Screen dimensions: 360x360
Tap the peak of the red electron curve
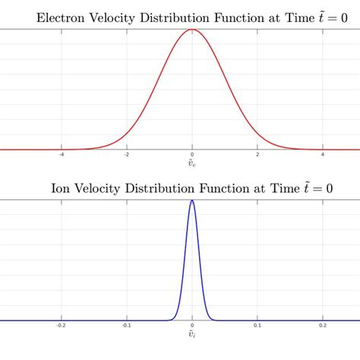pyautogui.click(x=192, y=30)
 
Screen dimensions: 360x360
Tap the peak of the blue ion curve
pyautogui.click(x=192, y=201)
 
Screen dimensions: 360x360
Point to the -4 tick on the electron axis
pyautogui.click(x=61, y=155)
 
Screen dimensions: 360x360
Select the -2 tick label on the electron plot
pyautogui.click(x=126, y=155)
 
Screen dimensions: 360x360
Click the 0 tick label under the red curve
pyautogui.click(x=192, y=155)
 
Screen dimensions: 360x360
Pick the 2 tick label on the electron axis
pyautogui.click(x=258, y=155)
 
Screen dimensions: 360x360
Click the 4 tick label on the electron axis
pyautogui.click(x=324, y=155)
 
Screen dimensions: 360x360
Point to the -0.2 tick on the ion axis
pyautogui.click(x=61, y=326)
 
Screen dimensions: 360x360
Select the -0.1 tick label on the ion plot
pyautogui.click(x=126, y=326)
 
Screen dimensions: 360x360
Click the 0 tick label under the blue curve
pyautogui.click(x=192, y=326)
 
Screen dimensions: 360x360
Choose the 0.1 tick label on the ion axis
pyautogui.click(x=258, y=326)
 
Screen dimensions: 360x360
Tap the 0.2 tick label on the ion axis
pyautogui.click(x=324, y=326)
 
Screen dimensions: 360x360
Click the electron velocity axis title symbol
pyautogui.click(x=192, y=164)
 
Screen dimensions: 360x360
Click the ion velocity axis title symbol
pyautogui.click(x=192, y=335)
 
